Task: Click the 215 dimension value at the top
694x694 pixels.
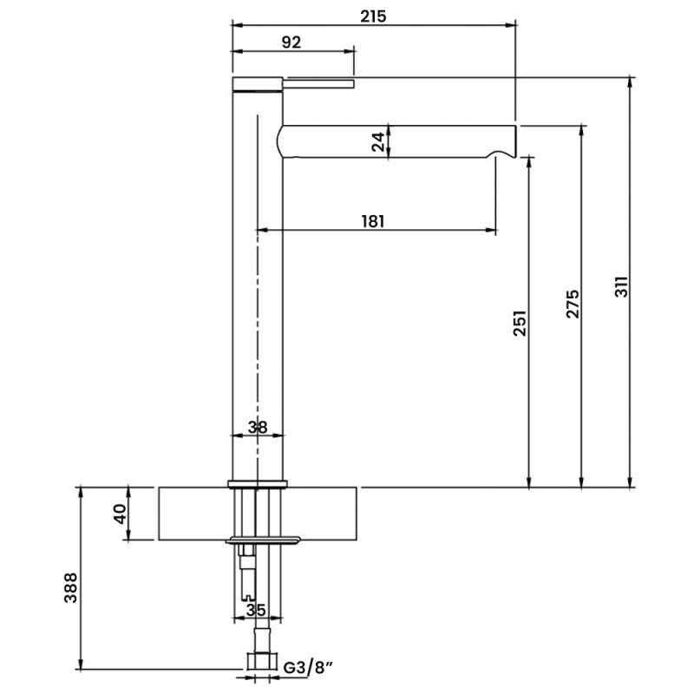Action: pyautogui.click(x=373, y=16)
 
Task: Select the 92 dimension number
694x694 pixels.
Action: pyautogui.click(x=291, y=43)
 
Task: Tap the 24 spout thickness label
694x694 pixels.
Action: pyautogui.click(x=378, y=142)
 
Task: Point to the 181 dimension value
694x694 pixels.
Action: pyautogui.click(x=373, y=221)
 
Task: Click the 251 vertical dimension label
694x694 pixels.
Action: pyautogui.click(x=520, y=323)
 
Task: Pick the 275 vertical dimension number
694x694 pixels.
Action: pyautogui.click(x=573, y=304)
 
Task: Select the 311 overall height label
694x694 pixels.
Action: pyautogui.click(x=622, y=287)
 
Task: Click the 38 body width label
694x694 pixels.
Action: pyautogui.click(x=258, y=428)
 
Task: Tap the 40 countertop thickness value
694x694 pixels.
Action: pyautogui.click(x=120, y=514)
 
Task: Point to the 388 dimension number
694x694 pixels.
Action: pyautogui.click(x=71, y=588)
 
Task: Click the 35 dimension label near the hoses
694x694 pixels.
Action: pyautogui.click(x=256, y=610)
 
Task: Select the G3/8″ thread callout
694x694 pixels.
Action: pyautogui.click(x=308, y=667)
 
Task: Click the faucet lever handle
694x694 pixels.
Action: pyautogui.click(x=318, y=83)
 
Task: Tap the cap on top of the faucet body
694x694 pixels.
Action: pyautogui.click(x=258, y=84)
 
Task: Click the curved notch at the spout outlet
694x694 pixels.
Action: pyautogui.click(x=501, y=154)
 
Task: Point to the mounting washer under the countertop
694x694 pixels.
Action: pyautogui.click(x=264, y=540)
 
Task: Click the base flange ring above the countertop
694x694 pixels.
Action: pyautogui.click(x=258, y=484)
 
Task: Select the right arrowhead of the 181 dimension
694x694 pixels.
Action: pyautogui.click(x=491, y=230)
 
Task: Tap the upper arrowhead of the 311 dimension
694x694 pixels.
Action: pyautogui.click(x=630, y=82)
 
